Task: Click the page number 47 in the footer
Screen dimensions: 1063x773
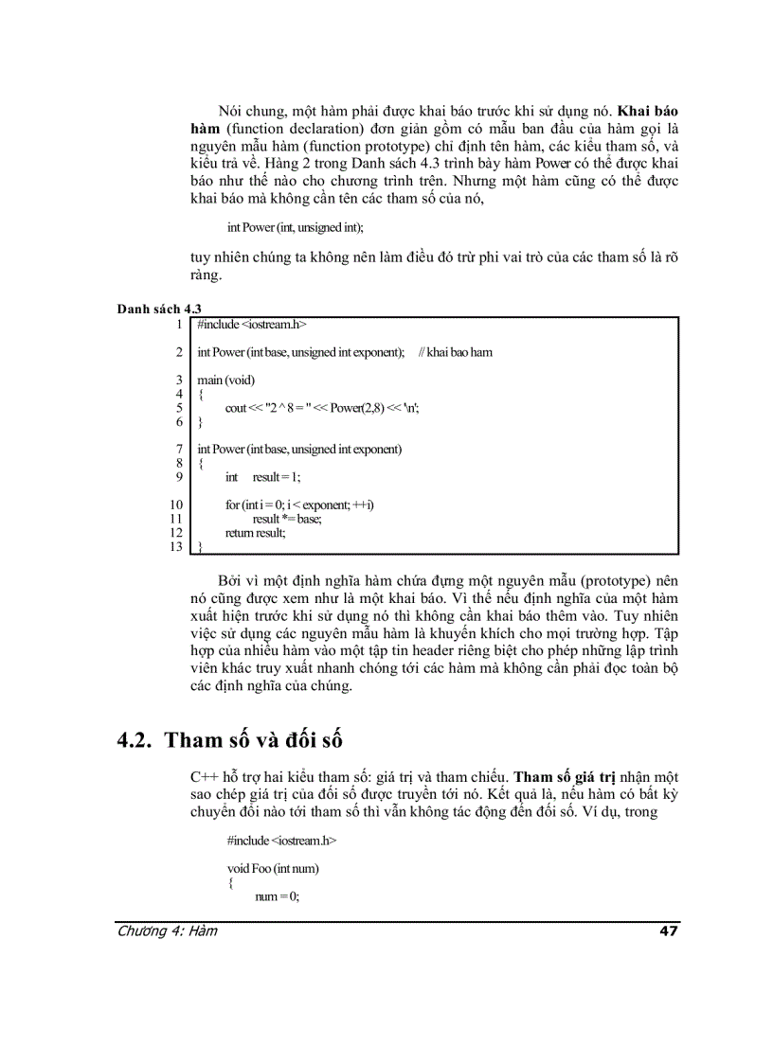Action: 669,930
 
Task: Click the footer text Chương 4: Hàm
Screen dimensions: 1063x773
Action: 167,930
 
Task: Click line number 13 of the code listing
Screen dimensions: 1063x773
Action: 174,546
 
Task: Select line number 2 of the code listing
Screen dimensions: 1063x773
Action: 178,352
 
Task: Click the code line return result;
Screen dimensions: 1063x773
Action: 255,533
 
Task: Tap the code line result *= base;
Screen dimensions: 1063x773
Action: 287,519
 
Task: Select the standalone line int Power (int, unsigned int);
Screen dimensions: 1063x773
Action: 295,227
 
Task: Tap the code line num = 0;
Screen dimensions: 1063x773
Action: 277,896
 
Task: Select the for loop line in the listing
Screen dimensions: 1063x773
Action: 299,505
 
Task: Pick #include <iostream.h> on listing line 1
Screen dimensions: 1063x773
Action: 252,325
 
